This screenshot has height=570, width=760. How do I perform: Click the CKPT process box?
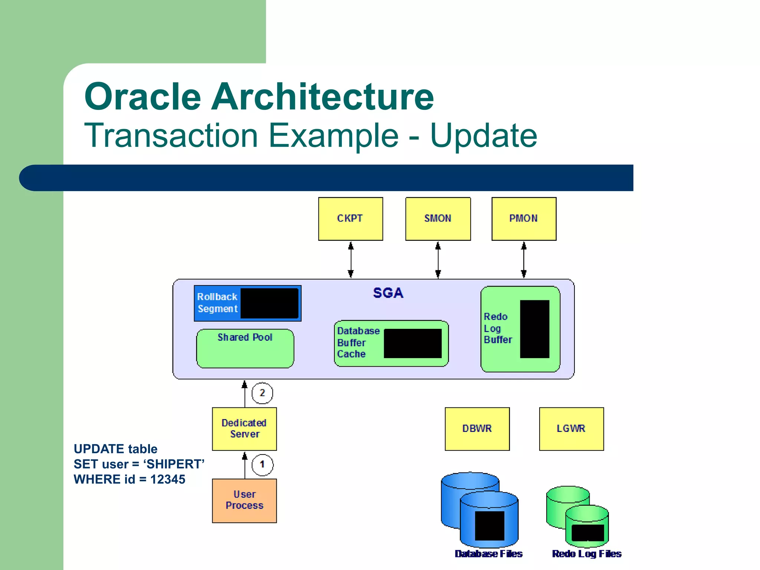[350, 219]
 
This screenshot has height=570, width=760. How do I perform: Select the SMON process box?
[438, 219]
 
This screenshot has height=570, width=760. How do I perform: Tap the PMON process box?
[524, 219]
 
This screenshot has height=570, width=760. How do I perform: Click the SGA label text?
[388, 293]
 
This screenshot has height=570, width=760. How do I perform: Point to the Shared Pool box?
[245, 349]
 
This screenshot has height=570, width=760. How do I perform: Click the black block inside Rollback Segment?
[269, 303]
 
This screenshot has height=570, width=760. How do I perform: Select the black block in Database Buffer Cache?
[412, 343]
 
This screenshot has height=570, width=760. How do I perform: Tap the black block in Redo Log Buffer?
[534, 329]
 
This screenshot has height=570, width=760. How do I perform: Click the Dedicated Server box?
[244, 429]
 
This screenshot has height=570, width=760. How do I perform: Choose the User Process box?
[244, 500]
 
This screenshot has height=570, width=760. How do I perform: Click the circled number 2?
[262, 393]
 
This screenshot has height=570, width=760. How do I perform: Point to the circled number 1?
[262, 465]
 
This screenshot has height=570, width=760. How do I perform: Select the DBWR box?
[477, 429]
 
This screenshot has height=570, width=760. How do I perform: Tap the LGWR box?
[571, 429]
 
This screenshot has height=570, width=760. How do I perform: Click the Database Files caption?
[488, 554]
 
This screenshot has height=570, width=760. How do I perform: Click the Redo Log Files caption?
[586, 554]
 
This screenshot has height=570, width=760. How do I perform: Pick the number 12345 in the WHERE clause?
[167, 479]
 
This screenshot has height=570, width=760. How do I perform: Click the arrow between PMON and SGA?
[524, 260]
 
